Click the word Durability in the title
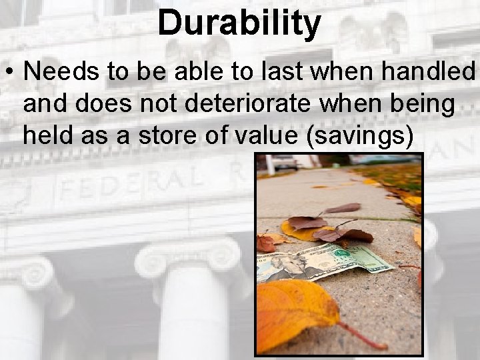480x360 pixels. pos(239,23)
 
